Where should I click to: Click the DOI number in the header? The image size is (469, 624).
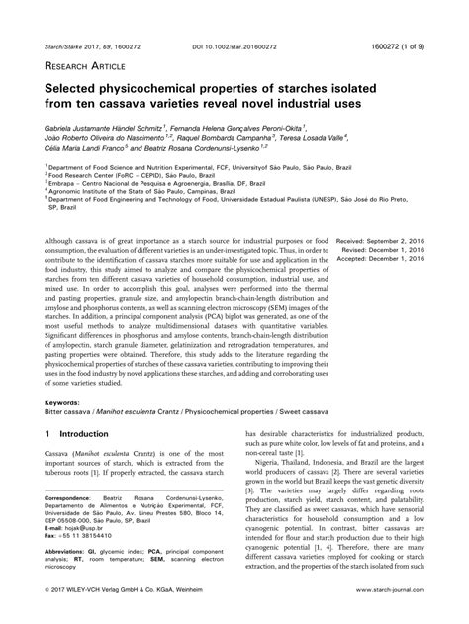tap(234, 18)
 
